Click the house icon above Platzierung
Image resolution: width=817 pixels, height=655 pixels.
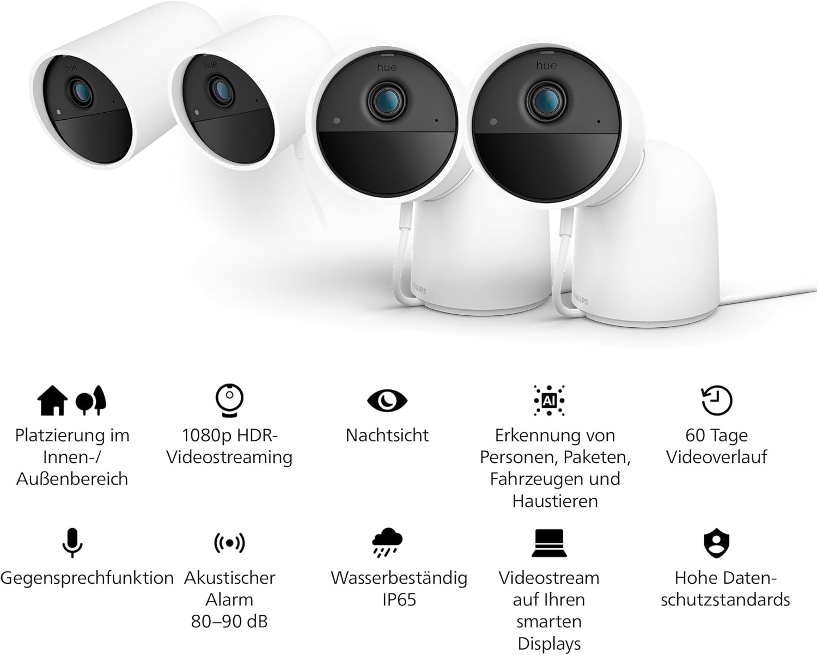(x=52, y=400)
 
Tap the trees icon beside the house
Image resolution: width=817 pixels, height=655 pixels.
(x=91, y=400)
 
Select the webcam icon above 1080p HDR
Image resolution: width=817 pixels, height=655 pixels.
(x=229, y=400)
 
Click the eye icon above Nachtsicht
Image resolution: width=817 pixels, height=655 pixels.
(x=387, y=401)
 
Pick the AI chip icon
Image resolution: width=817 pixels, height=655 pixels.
(x=549, y=400)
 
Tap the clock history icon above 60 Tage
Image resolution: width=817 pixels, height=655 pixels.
(x=716, y=400)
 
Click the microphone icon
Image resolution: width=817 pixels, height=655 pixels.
(x=72, y=543)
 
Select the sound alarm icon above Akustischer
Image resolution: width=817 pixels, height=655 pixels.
(x=229, y=543)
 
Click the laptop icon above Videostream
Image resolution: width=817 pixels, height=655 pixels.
(x=549, y=543)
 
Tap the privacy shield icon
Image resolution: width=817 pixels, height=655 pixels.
(x=716, y=543)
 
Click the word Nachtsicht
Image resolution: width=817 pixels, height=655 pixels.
(x=387, y=435)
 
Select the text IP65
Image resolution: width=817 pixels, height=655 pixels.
(x=399, y=599)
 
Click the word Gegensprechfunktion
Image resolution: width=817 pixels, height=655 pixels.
(x=87, y=579)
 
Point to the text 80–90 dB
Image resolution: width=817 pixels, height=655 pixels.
(x=229, y=622)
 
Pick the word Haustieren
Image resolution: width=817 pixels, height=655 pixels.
(x=555, y=501)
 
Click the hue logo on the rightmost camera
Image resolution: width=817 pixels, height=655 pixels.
(x=547, y=65)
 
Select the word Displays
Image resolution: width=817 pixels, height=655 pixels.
(x=549, y=644)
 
